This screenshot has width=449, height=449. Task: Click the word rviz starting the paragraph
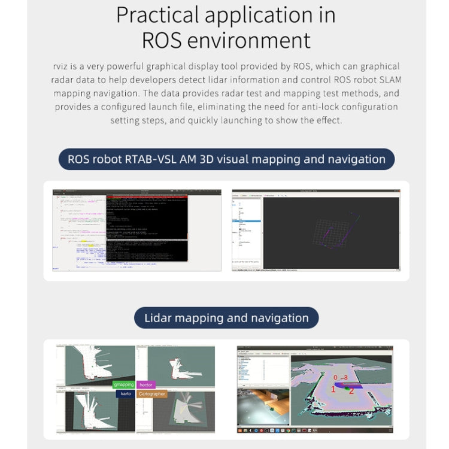click(x=62, y=66)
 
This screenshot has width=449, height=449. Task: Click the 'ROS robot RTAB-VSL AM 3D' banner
click(x=226, y=159)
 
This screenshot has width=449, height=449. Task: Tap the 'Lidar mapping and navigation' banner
click(x=226, y=318)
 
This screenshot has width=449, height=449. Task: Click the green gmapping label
click(x=123, y=385)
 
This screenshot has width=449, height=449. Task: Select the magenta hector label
click(x=145, y=385)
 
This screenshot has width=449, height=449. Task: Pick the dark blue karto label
click(x=125, y=394)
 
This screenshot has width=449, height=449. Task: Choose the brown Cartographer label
click(x=151, y=394)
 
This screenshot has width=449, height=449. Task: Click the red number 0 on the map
click(x=335, y=378)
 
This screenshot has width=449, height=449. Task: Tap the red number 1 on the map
click(x=333, y=389)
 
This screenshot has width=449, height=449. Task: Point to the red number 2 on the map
click(x=351, y=391)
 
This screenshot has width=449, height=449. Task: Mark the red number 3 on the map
click(x=345, y=377)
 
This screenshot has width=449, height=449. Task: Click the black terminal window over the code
click(x=147, y=228)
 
